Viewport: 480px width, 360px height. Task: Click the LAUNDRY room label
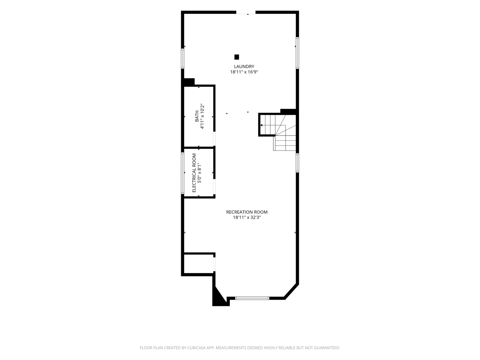click(x=244, y=66)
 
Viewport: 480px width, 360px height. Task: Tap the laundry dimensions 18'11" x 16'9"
click(x=244, y=72)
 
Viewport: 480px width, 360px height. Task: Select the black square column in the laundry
click(x=237, y=57)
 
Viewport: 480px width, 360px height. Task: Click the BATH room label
click(x=197, y=116)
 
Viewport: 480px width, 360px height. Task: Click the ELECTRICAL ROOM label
click(x=194, y=173)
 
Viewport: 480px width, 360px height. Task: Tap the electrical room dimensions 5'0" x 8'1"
click(x=199, y=173)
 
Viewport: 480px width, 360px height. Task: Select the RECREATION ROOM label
click(x=247, y=212)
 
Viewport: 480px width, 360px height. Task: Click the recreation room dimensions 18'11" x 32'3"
click(x=247, y=217)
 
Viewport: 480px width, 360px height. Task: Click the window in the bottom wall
click(x=252, y=298)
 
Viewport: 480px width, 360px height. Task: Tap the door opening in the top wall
click(x=246, y=12)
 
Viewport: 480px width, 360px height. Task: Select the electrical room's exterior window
click(x=183, y=173)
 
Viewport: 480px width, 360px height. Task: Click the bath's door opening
click(x=214, y=139)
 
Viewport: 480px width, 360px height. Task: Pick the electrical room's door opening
click(x=214, y=187)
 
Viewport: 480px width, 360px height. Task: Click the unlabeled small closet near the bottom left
click(x=199, y=264)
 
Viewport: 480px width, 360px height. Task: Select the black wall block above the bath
click(x=189, y=82)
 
